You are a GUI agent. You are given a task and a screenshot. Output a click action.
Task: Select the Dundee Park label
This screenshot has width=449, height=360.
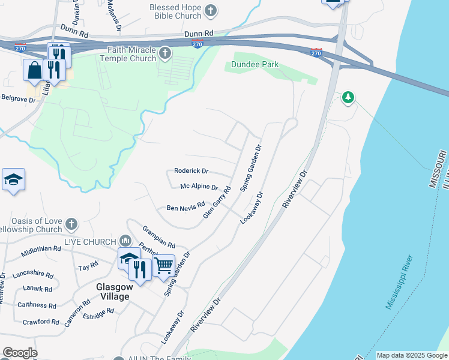click(x=255, y=64)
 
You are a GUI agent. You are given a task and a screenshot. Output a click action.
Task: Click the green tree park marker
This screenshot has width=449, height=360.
click(x=348, y=97)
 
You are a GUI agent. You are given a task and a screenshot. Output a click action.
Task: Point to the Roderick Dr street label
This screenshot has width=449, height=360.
click(x=191, y=171)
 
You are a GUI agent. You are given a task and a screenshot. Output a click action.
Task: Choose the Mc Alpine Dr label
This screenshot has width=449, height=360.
click(x=199, y=187)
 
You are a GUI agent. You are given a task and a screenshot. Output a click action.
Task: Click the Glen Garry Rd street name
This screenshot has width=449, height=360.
click(x=217, y=203)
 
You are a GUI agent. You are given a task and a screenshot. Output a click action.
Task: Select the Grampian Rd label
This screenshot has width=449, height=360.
click(x=158, y=237)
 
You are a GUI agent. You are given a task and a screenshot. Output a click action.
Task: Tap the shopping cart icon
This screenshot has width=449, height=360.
click(x=164, y=265)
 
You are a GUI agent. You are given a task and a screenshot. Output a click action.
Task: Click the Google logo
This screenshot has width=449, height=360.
click(x=20, y=353)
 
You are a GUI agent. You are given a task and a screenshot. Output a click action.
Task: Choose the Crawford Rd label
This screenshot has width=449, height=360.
click(x=41, y=322)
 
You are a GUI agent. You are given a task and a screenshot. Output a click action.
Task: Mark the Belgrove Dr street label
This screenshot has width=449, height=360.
click(x=19, y=98)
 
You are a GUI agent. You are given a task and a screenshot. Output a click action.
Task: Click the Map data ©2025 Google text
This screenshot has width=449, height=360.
click(x=411, y=355)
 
